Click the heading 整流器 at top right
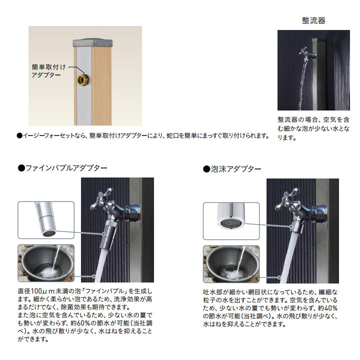313,20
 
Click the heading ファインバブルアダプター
62,168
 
